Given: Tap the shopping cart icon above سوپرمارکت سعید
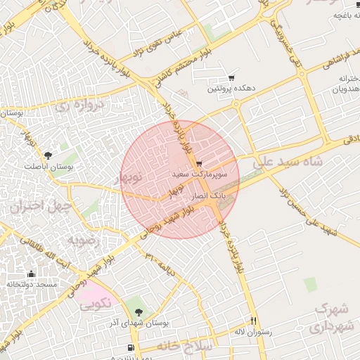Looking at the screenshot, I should coord(200,163).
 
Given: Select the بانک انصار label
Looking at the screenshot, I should coord(210,192).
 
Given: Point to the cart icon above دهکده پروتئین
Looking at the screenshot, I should coord(231,78).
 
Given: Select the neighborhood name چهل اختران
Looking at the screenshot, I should coord(37,207).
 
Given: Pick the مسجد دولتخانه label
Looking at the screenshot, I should coord(31,284).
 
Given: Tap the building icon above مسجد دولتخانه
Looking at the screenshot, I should coord(31,274).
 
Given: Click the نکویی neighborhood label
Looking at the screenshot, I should coord(94,304).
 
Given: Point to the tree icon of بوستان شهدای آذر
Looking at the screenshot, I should coord(138,310).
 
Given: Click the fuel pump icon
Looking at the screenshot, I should coord(131,348).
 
